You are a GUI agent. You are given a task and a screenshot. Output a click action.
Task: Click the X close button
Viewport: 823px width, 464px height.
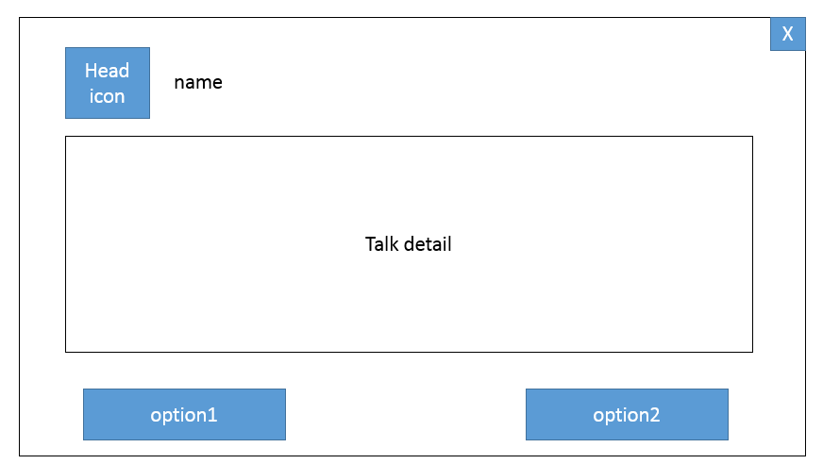(788, 34)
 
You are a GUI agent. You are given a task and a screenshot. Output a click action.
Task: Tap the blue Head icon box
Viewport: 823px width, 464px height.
(108, 83)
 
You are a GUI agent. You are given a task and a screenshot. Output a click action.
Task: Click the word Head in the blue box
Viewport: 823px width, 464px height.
(107, 70)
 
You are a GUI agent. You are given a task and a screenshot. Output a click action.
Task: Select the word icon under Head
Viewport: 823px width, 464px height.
(107, 96)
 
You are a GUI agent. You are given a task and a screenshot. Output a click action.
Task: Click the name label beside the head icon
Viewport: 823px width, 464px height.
(198, 83)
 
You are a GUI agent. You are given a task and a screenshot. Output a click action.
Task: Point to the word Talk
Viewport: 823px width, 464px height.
(381, 244)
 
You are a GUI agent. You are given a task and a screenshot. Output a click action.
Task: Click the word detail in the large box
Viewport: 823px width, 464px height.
(428, 244)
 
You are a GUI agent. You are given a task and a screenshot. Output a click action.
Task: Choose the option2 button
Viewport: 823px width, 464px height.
(628, 414)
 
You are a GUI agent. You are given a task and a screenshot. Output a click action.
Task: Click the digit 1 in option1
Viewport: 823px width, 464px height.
(212, 415)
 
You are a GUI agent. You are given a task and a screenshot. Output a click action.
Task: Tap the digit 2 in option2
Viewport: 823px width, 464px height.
(654, 415)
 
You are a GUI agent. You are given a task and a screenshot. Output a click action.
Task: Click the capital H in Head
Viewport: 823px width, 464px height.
(91, 71)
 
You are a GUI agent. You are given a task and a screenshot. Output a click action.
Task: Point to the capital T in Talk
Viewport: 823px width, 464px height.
(370, 244)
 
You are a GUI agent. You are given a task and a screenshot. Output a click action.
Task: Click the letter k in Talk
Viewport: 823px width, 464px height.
(395, 244)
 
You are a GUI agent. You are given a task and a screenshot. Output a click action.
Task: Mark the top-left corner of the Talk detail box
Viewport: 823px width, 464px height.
(66, 137)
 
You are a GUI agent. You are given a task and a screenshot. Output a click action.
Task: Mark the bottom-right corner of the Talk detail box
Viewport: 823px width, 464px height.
(752, 352)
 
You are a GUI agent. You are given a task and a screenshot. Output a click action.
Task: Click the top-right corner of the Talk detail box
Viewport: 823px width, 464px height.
(752, 137)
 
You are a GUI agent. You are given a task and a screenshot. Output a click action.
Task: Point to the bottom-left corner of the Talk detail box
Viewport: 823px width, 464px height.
(66, 352)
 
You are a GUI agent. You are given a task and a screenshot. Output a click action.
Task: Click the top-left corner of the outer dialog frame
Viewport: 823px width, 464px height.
(20, 18)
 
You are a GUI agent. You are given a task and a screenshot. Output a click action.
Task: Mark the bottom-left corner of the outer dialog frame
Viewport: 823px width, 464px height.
(20, 456)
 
